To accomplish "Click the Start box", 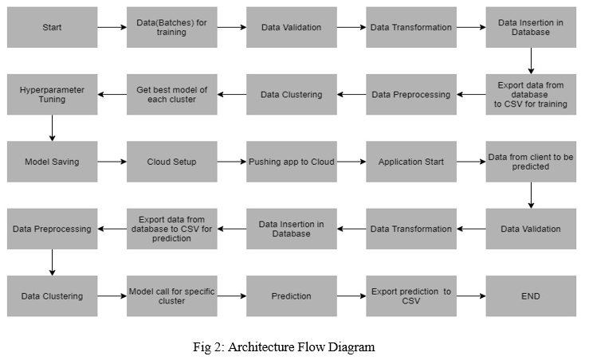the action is point(52,27).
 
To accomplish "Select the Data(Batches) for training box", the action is point(171,27).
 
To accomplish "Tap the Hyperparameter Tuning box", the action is point(52,95).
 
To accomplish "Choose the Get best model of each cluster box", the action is point(171,95).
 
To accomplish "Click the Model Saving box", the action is point(52,162).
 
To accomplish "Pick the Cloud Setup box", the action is point(171,162).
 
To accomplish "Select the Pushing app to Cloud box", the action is point(292,162).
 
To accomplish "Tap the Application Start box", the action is point(411,162).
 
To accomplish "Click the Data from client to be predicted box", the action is point(531,162).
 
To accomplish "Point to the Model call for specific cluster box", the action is point(171,296).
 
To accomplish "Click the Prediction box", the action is point(292,296).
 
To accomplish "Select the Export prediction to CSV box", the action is point(411,296).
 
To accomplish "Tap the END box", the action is point(531,296).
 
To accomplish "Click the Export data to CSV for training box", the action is point(531,95).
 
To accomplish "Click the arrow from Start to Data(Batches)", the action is point(112,27).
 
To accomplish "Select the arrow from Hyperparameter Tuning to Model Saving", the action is point(52,128).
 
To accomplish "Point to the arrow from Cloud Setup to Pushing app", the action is point(232,162).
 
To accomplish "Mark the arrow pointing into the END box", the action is point(471,296).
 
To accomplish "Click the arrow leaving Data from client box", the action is point(531,195).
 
